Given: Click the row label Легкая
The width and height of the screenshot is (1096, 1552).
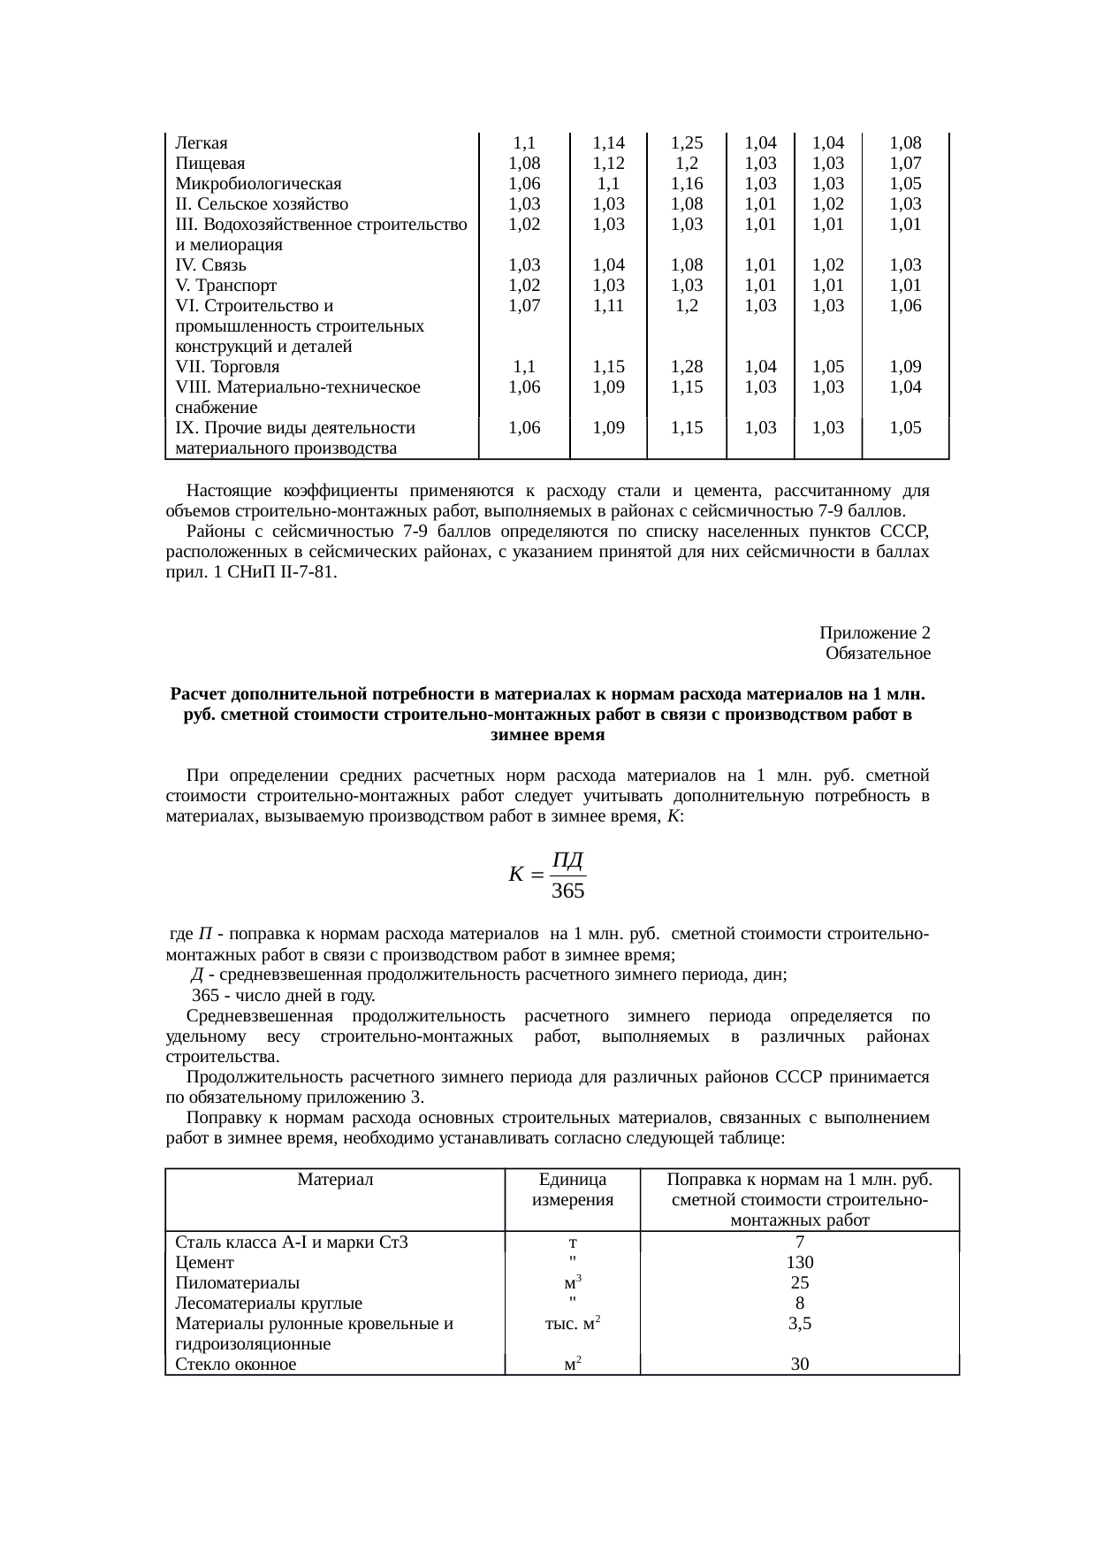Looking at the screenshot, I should pos(202,143).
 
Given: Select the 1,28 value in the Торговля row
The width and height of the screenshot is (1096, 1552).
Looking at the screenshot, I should pos(686,367).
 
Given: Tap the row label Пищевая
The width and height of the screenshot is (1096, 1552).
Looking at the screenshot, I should pos(210,164).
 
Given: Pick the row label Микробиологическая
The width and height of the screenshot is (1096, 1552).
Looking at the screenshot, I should pos(258,184).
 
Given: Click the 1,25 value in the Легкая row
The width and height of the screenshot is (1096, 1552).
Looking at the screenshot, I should pos(686,143).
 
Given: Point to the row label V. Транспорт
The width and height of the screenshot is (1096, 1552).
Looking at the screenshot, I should pos(226,286).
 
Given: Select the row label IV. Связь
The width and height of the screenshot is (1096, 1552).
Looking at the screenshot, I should pos(211,265).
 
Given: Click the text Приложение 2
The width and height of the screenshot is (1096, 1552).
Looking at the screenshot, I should pos(874,633).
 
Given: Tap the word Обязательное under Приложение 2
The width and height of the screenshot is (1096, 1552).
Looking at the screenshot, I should pos(877,654).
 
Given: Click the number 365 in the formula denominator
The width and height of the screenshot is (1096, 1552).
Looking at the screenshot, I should pos(568,891).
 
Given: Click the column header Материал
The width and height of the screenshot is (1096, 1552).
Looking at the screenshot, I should pos(335,1180).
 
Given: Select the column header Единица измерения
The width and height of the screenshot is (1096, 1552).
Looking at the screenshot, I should pos(572,1190).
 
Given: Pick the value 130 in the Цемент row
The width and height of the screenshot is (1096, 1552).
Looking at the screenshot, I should pos(799,1262).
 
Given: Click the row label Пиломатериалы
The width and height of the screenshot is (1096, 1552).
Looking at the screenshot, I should pos(237,1282).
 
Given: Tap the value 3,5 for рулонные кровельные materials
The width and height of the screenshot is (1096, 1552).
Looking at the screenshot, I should pos(799,1324).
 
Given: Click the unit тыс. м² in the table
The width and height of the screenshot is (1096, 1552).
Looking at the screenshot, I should pos(572,1324).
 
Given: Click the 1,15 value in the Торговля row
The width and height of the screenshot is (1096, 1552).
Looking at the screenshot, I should pos(608,367).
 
